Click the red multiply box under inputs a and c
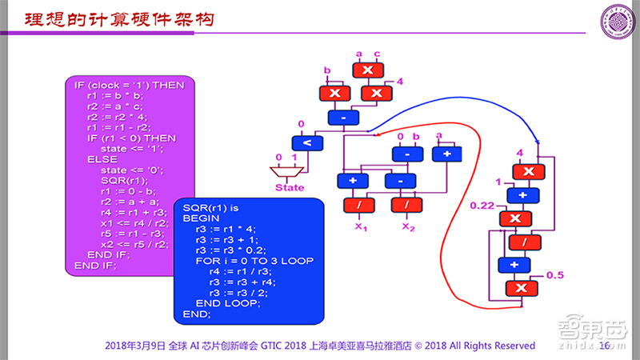tap(368, 70)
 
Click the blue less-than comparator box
tap(306, 143)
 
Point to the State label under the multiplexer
tap(290, 188)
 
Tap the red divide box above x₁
tap(359, 205)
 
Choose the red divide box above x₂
tap(406, 205)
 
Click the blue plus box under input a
tap(446, 154)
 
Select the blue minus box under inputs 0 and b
tap(406, 154)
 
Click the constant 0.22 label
tap(483, 206)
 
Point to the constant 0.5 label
tap(554, 275)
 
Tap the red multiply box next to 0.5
tap(520, 289)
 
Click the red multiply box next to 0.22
tap(516, 218)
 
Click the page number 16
tap(605, 346)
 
